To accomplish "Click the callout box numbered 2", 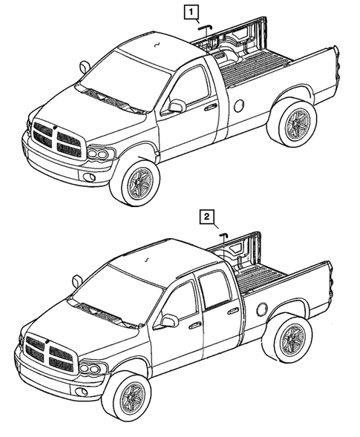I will (x=208, y=217).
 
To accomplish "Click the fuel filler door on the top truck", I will (x=239, y=106).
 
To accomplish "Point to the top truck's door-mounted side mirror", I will (x=176, y=106).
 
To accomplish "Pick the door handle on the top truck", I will (x=211, y=108).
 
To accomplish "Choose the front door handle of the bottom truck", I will (x=194, y=325).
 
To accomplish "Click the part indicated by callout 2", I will (x=221, y=235).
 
